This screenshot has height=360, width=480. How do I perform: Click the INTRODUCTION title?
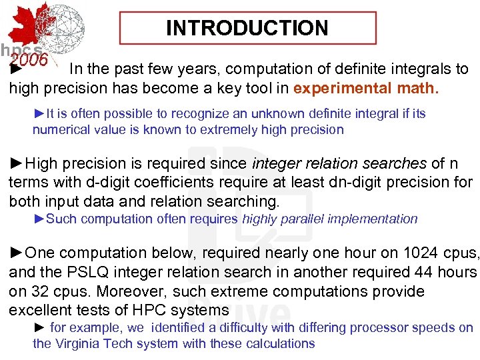click(x=247, y=28)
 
